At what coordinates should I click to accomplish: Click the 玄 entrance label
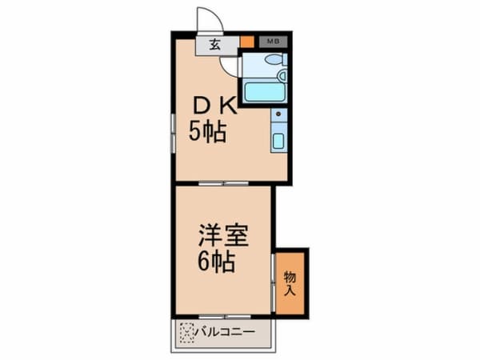click(216, 44)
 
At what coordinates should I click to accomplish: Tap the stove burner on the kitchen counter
click(278, 117)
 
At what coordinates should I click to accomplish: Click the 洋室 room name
click(223, 236)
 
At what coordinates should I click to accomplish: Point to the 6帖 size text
click(217, 262)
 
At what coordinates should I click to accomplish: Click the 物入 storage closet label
click(290, 284)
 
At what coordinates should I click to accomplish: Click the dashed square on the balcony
click(187, 330)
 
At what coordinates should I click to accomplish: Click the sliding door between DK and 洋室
click(223, 183)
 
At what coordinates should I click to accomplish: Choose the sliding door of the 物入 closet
click(274, 284)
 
